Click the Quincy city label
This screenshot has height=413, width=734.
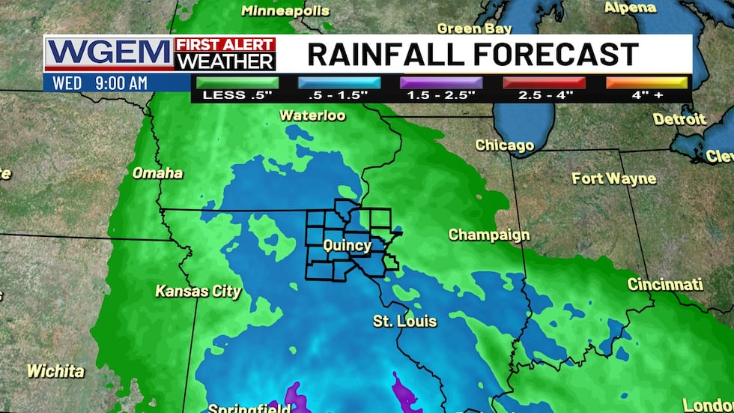(347, 245)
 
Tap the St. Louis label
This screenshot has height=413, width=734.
(404, 321)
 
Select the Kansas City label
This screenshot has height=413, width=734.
(198, 291)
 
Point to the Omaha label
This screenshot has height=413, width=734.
(157, 173)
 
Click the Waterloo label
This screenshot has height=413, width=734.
(312, 115)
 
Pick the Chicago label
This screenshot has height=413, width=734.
(505, 145)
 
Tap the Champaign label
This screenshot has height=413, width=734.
(489, 235)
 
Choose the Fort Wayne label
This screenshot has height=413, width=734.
(613, 178)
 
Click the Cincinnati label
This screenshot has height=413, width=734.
(665, 284)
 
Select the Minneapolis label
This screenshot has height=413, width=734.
(285, 10)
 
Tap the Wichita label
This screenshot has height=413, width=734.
(55, 370)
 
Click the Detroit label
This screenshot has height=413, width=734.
(679, 118)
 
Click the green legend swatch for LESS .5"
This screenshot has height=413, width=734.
(237, 82)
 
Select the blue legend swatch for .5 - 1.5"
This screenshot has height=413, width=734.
(339, 82)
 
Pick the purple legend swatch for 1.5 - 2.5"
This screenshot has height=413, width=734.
(441, 82)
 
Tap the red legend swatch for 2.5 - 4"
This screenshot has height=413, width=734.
(543, 82)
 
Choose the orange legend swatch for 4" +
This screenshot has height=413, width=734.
(646, 82)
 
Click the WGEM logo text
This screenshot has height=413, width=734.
(109, 54)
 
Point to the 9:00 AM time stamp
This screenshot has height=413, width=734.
(121, 83)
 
